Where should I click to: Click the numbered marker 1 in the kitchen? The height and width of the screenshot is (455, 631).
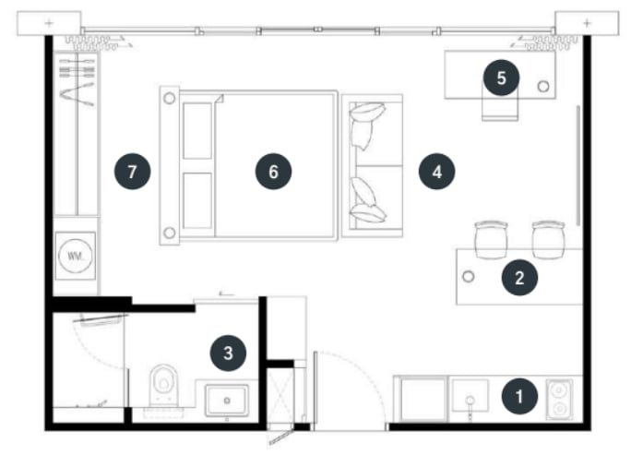[x=519, y=396]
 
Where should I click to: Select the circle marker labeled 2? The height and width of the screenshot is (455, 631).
[x=519, y=278]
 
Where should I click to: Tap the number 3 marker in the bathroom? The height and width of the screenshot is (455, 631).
[x=228, y=353]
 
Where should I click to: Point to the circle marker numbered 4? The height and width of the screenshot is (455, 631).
[x=436, y=172]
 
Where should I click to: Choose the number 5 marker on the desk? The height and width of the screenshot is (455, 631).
[x=501, y=78]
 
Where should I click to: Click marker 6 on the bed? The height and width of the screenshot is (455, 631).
[x=273, y=172]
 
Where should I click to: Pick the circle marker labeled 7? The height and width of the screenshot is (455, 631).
[x=133, y=172]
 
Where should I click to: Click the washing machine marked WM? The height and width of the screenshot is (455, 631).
[x=76, y=256]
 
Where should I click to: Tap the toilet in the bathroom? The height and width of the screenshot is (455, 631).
[x=164, y=385]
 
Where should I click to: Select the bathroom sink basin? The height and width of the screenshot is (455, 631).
[x=227, y=400]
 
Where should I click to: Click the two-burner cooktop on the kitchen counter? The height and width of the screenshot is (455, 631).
[x=559, y=399]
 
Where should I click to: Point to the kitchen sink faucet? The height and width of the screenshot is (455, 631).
[x=470, y=406]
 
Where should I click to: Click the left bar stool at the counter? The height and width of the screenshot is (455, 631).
[x=491, y=239]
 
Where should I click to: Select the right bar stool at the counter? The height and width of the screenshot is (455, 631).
[x=548, y=239]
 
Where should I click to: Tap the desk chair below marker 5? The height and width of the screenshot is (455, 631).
[x=500, y=105]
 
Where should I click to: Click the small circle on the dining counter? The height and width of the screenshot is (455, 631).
[x=468, y=276]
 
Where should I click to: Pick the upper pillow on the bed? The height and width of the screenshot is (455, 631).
[x=197, y=131]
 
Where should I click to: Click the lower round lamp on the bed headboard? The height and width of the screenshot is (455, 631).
[x=170, y=233]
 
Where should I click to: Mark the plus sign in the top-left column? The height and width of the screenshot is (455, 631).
[x=49, y=23]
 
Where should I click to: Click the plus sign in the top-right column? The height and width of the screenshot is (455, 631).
[x=587, y=23]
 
